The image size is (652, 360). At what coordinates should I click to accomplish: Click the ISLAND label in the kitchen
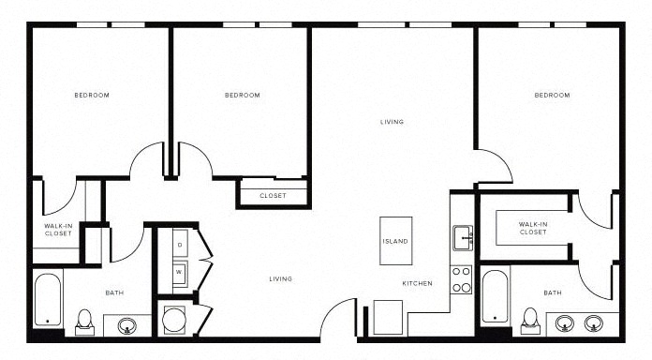395,241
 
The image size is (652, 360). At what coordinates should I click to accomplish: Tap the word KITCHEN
417,283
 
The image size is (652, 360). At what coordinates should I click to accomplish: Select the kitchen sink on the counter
463,238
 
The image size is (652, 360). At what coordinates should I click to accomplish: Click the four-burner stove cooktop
462,279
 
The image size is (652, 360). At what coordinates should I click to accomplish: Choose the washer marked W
180,274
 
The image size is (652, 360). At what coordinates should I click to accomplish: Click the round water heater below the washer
174,320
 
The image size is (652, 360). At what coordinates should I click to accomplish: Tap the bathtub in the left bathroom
48,299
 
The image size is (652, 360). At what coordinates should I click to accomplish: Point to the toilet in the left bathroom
85,322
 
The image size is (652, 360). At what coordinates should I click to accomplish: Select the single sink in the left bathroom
126,325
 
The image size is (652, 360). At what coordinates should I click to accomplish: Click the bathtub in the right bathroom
496,296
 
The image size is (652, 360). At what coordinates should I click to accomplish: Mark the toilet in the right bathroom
530,321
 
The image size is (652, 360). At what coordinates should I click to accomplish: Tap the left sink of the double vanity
564,322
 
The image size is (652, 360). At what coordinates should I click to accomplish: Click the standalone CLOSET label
273,196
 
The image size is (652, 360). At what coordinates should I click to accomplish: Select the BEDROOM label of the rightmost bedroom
552,96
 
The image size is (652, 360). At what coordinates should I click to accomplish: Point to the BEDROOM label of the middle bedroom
243,96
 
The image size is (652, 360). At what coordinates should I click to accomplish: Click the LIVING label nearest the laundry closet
281,278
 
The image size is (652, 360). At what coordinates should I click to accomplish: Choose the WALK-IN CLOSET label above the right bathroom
533,228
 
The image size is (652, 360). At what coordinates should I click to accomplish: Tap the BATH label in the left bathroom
114,293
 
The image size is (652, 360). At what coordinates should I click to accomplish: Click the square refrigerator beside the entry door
388,317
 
